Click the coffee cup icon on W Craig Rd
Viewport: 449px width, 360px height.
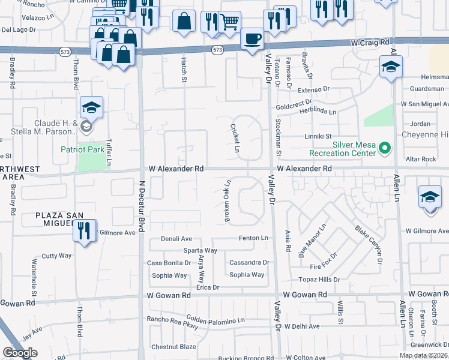point(252,39)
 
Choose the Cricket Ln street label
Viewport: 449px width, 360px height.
point(235,138)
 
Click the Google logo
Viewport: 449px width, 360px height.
point(19,353)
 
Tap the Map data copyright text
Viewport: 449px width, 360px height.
point(423,355)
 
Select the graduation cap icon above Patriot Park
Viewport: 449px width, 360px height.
point(91,107)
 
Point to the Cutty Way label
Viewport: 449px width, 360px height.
point(56,256)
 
